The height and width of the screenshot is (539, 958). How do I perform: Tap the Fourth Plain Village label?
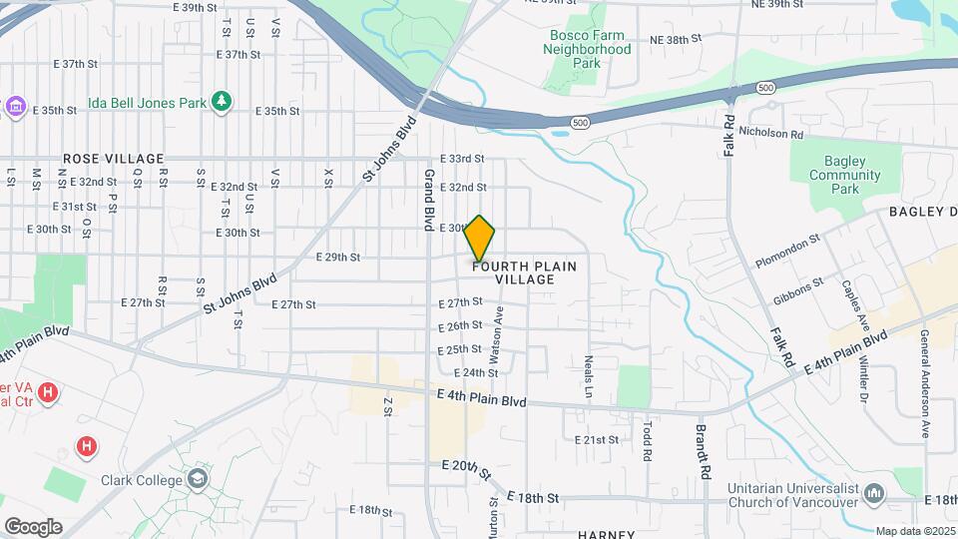click(526, 272)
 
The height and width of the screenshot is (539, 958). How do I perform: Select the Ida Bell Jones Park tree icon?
click(222, 101)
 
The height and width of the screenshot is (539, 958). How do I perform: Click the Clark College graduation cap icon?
click(198, 479)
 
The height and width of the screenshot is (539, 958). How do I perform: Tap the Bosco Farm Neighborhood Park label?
click(590, 48)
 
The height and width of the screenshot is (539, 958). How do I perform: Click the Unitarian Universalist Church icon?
click(875, 494)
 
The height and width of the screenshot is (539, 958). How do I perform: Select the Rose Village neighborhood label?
click(113, 159)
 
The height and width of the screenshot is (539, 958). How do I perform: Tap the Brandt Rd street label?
click(703, 449)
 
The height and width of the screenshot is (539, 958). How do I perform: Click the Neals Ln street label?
click(590, 370)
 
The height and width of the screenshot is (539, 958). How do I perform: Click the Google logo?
click(33, 526)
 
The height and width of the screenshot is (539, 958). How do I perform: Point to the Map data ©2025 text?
click(915, 531)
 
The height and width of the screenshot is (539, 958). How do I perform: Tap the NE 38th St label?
click(677, 39)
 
